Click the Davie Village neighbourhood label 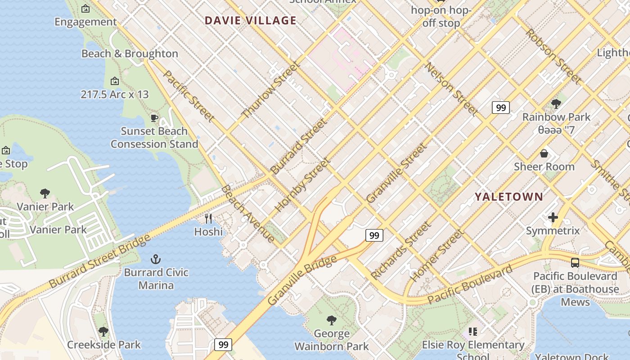pyautogui.click(x=251, y=20)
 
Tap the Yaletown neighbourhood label pyautogui.click(x=509, y=197)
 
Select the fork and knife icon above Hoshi pyautogui.click(x=208, y=219)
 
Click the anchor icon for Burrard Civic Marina pyautogui.click(x=156, y=259)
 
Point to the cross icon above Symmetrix pyautogui.click(x=553, y=218)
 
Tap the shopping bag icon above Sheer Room pyautogui.click(x=544, y=153)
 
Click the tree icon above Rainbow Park pyautogui.click(x=556, y=104)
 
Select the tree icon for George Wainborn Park pyautogui.click(x=332, y=320)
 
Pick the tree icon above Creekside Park pyautogui.click(x=103, y=332)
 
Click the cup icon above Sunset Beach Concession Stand pyautogui.click(x=154, y=118)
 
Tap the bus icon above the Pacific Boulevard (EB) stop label pyautogui.click(x=575, y=263)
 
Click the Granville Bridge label pyautogui.click(x=301, y=280)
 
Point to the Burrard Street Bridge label pyautogui.click(x=99, y=261)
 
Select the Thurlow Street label pyautogui.click(x=270, y=90)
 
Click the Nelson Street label pyautogui.click(x=451, y=89)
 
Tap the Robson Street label pyautogui.click(x=553, y=56)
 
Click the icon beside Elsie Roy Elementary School pyautogui.click(x=472, y=332)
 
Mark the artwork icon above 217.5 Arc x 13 pyautogui.click(x=115, y=81)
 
